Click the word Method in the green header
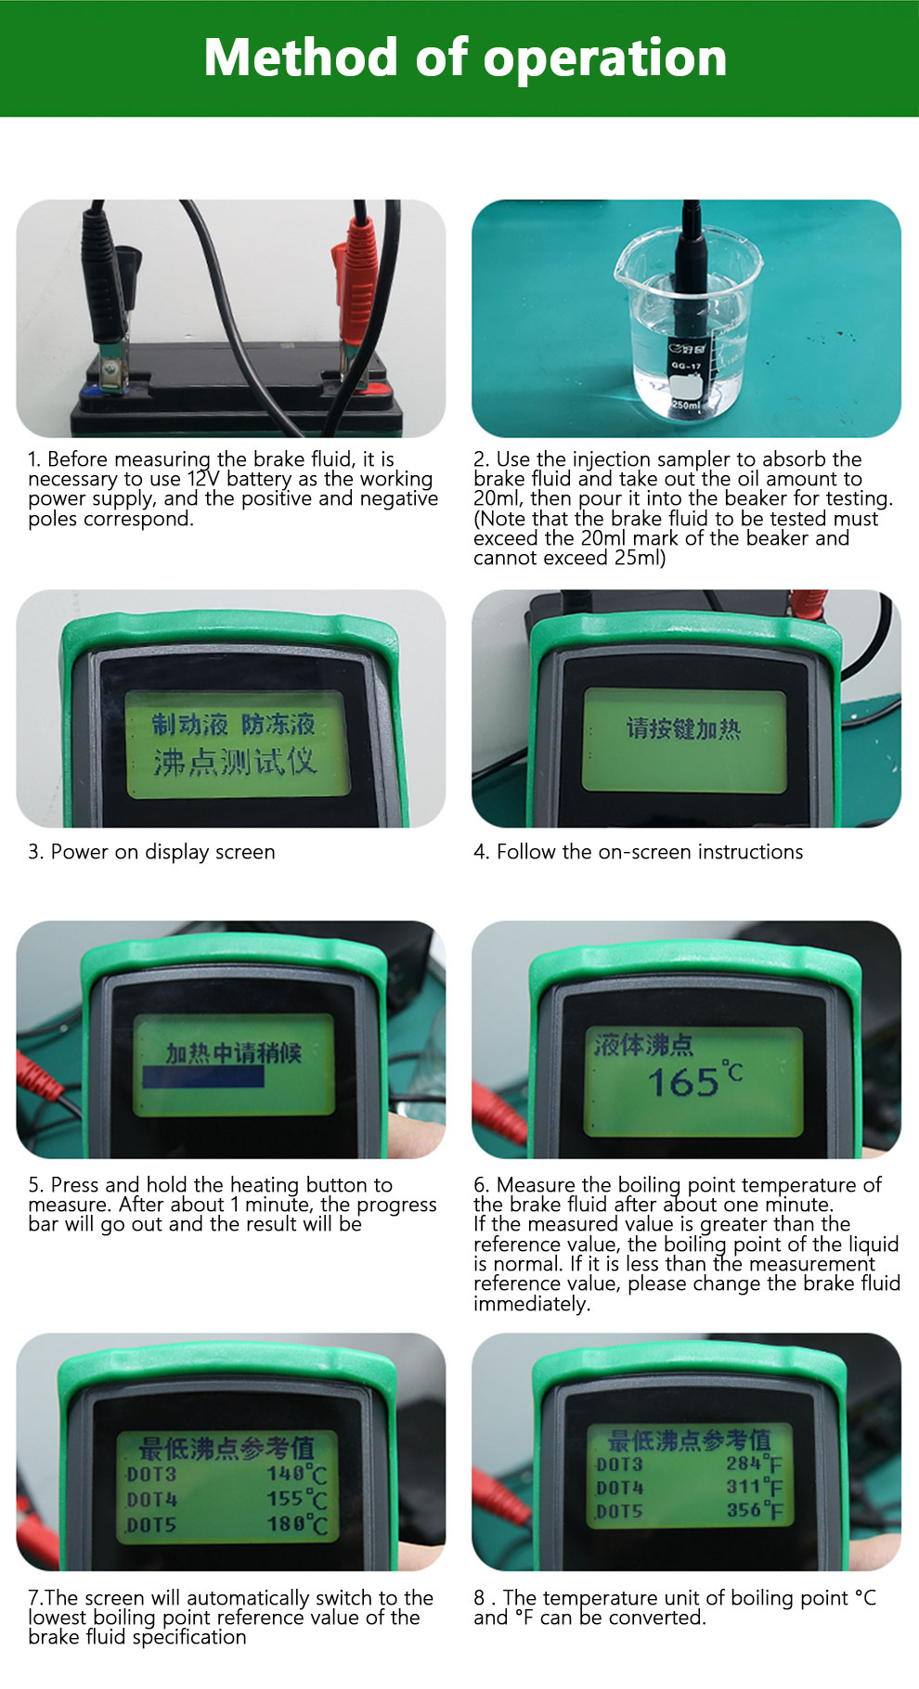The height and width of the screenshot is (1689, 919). [301, 58]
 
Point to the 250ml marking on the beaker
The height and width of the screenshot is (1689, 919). [686, 406]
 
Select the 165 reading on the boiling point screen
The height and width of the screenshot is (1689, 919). [683, 1082]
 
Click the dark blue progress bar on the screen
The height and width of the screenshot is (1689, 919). [203, 1077]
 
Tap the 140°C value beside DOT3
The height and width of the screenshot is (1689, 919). [296, 1474]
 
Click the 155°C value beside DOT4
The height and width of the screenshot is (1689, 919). [296, 1499]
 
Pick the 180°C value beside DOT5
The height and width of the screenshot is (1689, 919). [296, 1524]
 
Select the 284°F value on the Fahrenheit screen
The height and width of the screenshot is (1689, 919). [754, 1463]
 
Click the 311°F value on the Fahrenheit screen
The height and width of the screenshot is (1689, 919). [754, 1487]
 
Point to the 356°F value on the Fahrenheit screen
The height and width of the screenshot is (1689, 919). [754, 1510]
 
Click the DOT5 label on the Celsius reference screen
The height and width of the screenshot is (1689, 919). [151, 1525]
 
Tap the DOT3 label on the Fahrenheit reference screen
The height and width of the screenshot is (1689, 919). [619, 1464]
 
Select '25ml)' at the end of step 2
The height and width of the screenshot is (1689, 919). [640, 558]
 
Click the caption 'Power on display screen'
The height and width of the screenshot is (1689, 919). [162, 852]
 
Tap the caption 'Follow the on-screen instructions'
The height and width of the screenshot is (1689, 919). [649, 852]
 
